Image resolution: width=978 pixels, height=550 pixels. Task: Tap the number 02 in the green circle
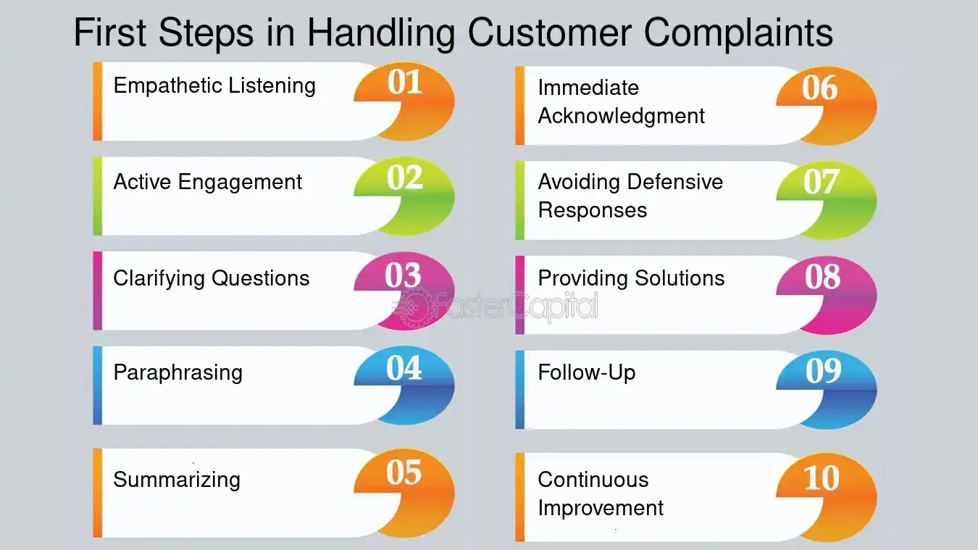(405, 178)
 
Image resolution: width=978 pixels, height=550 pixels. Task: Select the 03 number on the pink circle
(403, 275)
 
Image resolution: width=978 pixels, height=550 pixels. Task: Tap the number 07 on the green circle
(822, 182)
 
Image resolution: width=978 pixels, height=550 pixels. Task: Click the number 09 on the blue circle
(824, 371)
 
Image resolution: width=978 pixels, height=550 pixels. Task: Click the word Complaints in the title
(738, 33)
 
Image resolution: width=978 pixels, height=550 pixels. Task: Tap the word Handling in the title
(381, 33)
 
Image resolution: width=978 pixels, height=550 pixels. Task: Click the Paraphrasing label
(177, 373)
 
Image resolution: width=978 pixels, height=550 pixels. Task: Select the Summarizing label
(177, 480)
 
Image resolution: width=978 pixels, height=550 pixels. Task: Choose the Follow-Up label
(586, 372)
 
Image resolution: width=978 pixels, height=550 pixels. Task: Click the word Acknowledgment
(622, 117)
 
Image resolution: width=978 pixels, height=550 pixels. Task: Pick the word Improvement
(601, 509)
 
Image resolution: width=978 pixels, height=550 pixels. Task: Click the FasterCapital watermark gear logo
(411, 307)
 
